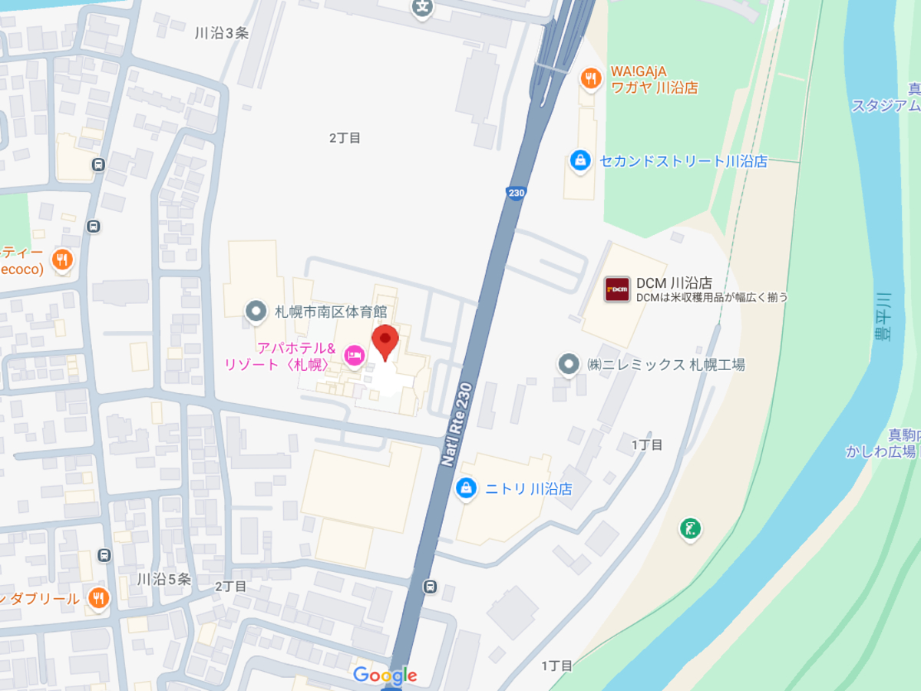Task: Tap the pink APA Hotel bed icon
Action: click(x=354, y=355)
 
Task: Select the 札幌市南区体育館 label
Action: click(x=331, y=312)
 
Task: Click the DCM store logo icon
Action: click(x=617, y=289)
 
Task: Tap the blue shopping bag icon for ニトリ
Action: click(x=465, y=488)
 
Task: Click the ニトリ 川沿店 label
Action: click(x=529, y=488)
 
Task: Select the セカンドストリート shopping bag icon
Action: click(x=580, y=161)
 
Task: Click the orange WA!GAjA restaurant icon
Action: click(x=590, y=78)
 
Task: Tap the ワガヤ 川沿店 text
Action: click(x=654, y=88)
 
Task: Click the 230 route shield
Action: click(x=516, y=193)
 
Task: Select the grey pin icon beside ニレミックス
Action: click(x=568, y=364)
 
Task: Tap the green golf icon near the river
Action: click(x=690, y=528)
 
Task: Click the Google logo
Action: click(x=385, y=676)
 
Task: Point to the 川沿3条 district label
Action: click(x=222, y=33)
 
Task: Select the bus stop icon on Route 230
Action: click(x=431, y=587)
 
